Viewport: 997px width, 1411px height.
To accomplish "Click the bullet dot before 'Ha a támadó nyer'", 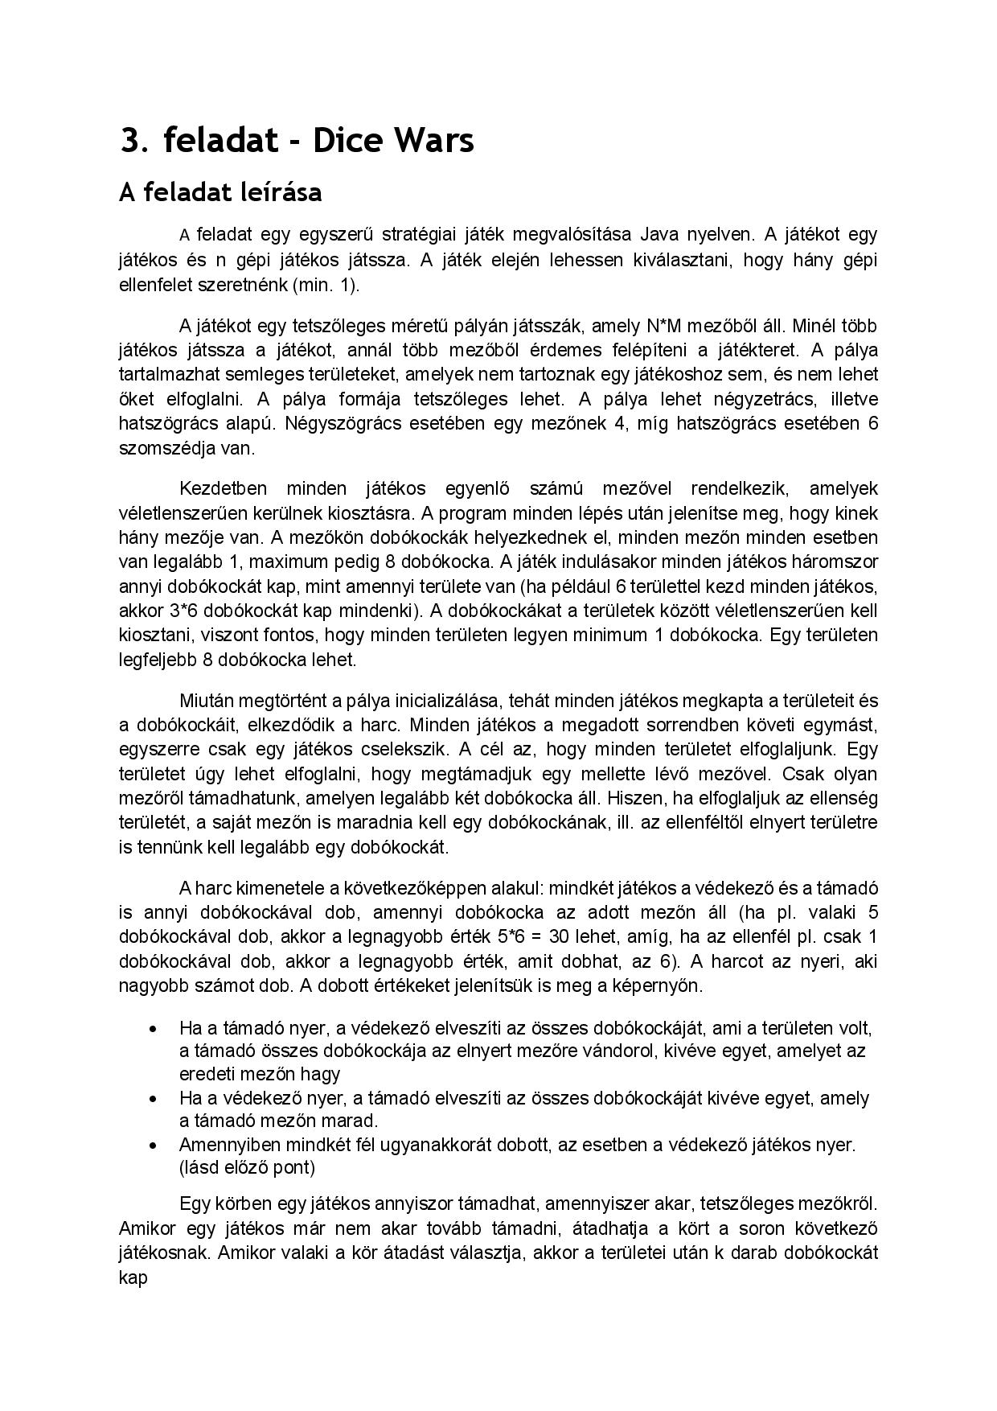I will point(153,1029).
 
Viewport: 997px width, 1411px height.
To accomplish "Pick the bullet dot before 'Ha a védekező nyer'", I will point(153,1099).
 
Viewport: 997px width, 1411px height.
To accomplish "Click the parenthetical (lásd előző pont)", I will point(247,1167).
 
